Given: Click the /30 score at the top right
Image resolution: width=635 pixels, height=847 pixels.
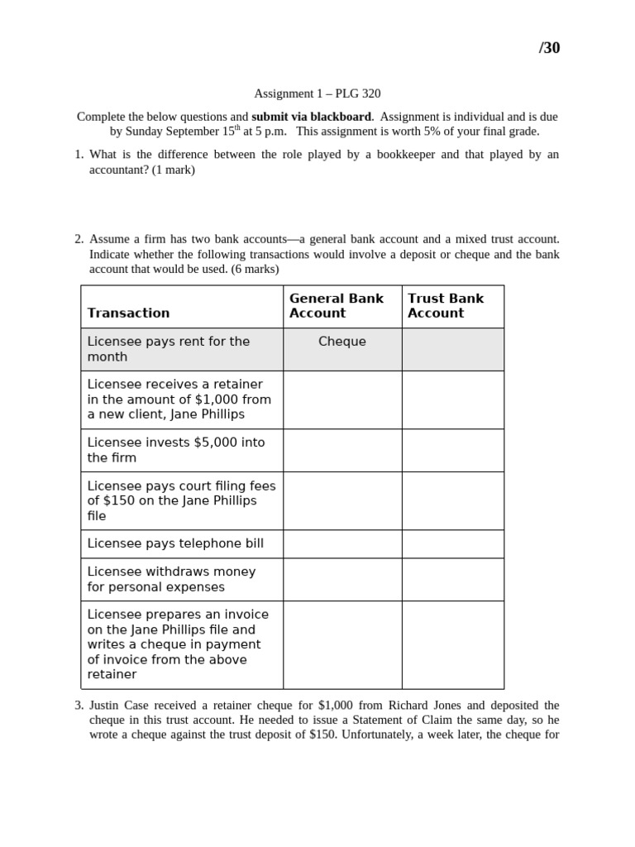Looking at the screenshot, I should click(x=549, y=48).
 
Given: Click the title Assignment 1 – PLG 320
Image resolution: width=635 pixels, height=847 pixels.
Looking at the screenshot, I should click(x=317, y=93).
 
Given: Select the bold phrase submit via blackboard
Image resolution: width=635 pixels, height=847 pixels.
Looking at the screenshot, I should click(x=311, y=117).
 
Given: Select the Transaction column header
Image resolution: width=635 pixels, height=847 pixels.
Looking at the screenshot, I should click(x=128, y=313).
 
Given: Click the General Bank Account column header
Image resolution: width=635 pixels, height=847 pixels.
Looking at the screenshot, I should click(x=337, y=305).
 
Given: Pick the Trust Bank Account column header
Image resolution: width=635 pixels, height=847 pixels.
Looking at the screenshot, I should click(x=446, y=305).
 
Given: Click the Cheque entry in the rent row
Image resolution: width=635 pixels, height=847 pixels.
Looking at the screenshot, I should click(x=341, y=342).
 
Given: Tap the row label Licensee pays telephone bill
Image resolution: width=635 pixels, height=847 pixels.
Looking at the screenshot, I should click(x=175, y=543).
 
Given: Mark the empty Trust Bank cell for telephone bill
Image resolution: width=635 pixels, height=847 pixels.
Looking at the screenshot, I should click(x=452, y=544).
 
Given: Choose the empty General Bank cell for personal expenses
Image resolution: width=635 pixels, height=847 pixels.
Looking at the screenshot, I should click(x=342, y=579).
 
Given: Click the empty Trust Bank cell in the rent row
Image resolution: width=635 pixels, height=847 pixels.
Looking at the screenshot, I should click(x=452, y=349).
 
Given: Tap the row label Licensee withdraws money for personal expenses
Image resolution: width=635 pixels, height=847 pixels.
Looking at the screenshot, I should click(x=171, y=579).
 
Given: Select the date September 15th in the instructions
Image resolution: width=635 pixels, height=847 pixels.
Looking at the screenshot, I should click(x=198, y=132).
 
